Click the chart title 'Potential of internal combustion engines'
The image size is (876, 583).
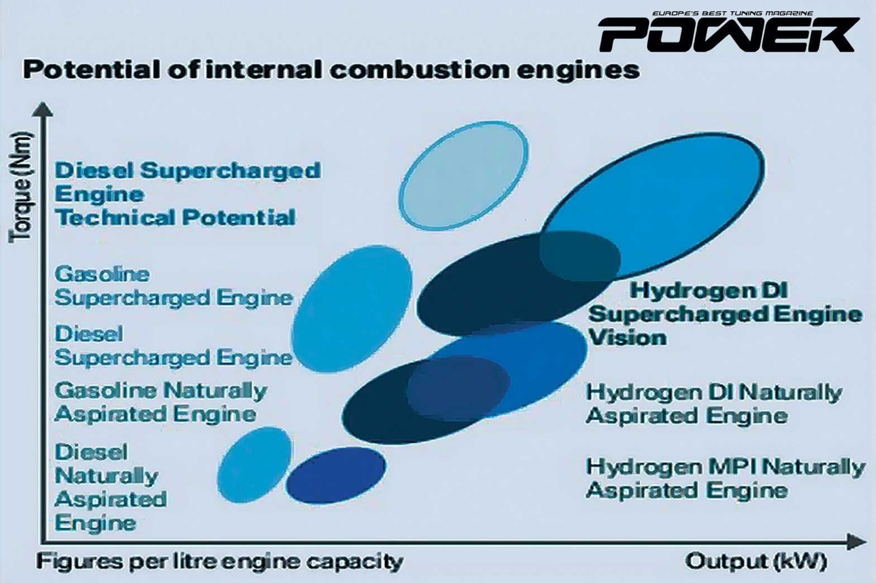coord(331,71)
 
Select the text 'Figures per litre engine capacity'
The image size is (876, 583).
coord(220,562)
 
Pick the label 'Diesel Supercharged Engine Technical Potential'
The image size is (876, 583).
coord(188,194)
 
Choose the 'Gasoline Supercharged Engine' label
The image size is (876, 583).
coord(174,286)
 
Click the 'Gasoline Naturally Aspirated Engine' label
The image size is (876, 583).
coord(161,403)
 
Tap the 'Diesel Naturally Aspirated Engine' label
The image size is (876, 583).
coord(110,487)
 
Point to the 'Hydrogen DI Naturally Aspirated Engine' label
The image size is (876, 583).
coord(714,403)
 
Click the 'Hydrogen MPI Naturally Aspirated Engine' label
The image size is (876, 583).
coord(725,478)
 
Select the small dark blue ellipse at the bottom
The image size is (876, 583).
coord(335,475)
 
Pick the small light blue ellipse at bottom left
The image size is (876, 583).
coord(255,465)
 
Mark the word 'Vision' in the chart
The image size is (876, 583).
coord(628,337)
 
